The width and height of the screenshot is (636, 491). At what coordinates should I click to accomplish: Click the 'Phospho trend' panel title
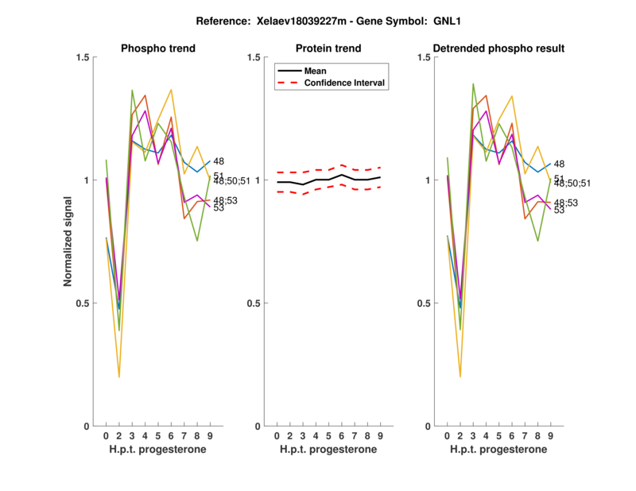(x=157, y=48)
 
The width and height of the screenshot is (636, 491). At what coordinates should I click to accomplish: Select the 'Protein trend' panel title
(x=328, y=48)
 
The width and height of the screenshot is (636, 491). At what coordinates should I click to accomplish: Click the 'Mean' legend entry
(x=315, y=71)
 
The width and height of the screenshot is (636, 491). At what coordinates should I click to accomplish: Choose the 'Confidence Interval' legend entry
(x=345, y=82)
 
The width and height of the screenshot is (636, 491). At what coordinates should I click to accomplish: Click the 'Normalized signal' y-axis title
(x=69, y=242)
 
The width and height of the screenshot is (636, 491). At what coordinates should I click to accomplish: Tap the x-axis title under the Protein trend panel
(x=328, y=450)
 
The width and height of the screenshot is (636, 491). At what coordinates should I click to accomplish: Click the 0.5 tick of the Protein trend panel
(x=255, y=303)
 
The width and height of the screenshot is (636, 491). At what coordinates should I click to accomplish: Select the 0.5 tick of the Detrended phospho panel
(x=425, y=303)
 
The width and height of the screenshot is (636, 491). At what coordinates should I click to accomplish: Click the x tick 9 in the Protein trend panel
(x=380, y=435)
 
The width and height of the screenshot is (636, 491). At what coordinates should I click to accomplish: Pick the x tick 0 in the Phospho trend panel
(x=106, y=435)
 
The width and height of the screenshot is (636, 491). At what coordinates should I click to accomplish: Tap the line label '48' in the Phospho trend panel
(x=219, y=161)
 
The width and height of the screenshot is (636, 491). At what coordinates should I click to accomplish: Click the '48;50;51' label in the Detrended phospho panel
(x=572, y=184)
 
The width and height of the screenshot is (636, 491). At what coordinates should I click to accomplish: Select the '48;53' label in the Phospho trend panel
(x=226, y=200)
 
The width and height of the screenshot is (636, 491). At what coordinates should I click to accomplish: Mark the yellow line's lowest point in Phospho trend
(x=119, y=377)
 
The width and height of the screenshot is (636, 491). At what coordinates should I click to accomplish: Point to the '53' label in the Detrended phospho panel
(x=559, y=210)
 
